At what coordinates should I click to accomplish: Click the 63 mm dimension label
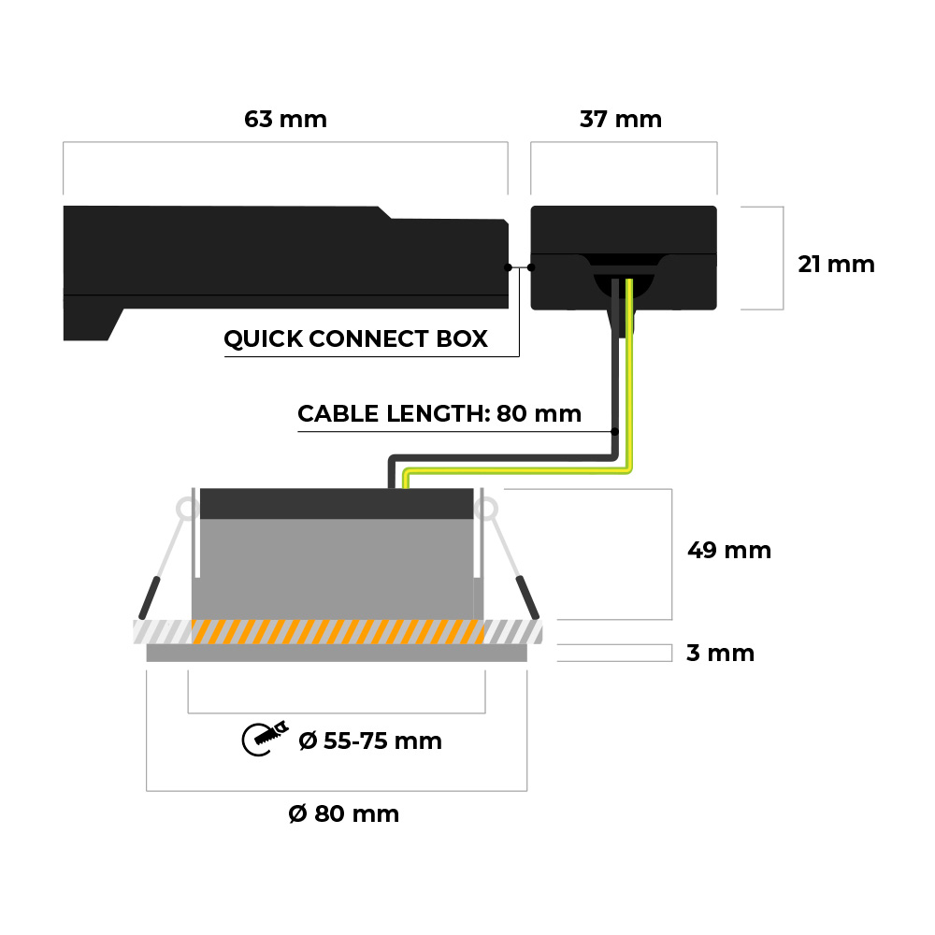[x=285, y=120]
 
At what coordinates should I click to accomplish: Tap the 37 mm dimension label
[x=620, y=120]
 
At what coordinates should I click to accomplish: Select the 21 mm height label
[x=836, y=265]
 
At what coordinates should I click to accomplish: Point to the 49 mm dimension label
[x=728, y=550]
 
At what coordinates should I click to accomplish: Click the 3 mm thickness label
[x=720, y=653]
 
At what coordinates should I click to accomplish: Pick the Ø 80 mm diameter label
[x=343, y=814]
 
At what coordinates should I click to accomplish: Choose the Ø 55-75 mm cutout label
[x=369, y=741]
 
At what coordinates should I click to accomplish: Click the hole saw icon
[x=265, y=739]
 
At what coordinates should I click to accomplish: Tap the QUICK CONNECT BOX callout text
[x=355, y=338]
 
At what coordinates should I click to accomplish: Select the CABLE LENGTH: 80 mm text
[x=439, y=413]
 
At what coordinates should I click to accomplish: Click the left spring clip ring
[x=187, y=510]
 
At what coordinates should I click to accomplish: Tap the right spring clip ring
[x=487, y=510]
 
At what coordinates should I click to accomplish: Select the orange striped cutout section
[x=337, y=631]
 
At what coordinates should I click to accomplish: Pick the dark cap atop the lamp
[x=337, y=504]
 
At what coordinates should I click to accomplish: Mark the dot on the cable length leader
[x=615, y=432]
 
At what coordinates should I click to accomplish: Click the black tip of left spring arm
[x=150, y=598]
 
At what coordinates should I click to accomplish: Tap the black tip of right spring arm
[x=528, y=598]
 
